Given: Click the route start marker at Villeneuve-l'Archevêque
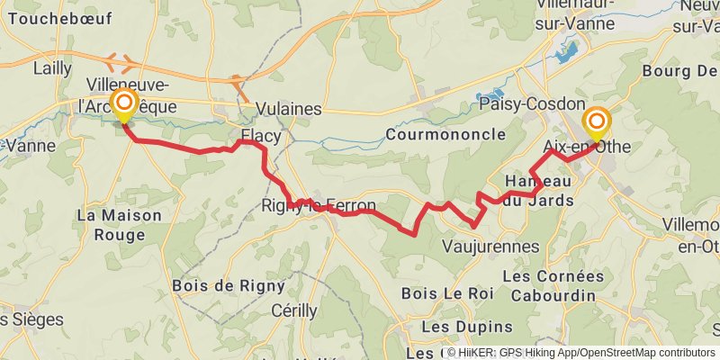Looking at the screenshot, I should pyautogui.click(x=122, y=104).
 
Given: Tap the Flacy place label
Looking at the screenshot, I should pyautogui.click(x=261, y=137).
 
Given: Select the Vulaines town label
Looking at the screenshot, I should pyautogui.click(x=288, y=109).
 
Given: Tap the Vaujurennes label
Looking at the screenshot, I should pyautogui.click(x=491, y=246).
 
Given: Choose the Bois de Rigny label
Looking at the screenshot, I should pyautogui.click(x=228, y=286).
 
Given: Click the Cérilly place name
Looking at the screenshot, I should pyautogui.click(x=294, y=310).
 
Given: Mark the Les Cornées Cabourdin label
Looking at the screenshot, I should pyautogui.click(x=553, y=284).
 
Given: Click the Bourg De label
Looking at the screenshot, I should pyautogui.click(x=680, y=69).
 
